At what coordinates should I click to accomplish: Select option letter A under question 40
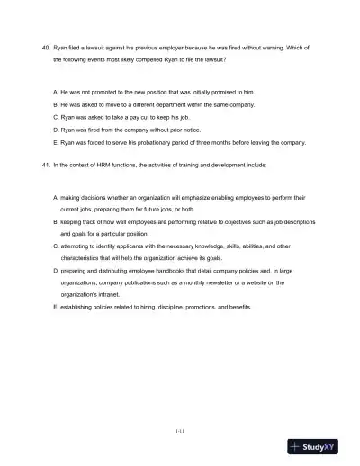[x=56, y=92]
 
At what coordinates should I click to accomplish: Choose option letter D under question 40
[x=56, y=130]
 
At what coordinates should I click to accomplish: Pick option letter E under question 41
[x=56, y=307]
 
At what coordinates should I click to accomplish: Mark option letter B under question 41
[x=56, y=220]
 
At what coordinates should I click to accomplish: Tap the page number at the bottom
[x=180, y=430]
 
